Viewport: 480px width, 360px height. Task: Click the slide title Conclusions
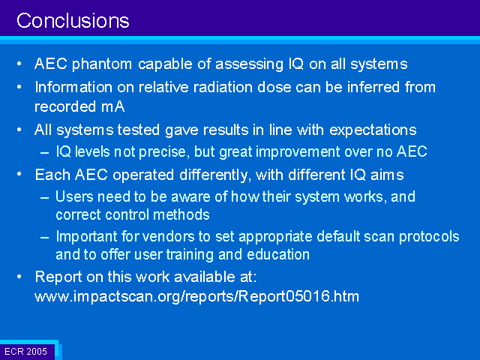click(x=73, y=21)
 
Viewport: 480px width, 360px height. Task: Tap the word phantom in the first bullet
click(x=102, y=64)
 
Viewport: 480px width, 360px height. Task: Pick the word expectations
click(x=373, y=130)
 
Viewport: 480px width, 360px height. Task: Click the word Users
click(x=74, y=196)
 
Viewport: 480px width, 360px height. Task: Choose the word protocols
click(x=429, y=237)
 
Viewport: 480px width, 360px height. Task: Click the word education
click(x=278, y=255)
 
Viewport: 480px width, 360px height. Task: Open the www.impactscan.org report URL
click(x=196, y=297)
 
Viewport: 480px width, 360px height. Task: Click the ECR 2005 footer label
click(x=26, y=352)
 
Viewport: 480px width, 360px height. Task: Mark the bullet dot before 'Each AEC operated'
click(x=19, y=174)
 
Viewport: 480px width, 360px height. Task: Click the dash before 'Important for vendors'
click(x=45, y=237)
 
